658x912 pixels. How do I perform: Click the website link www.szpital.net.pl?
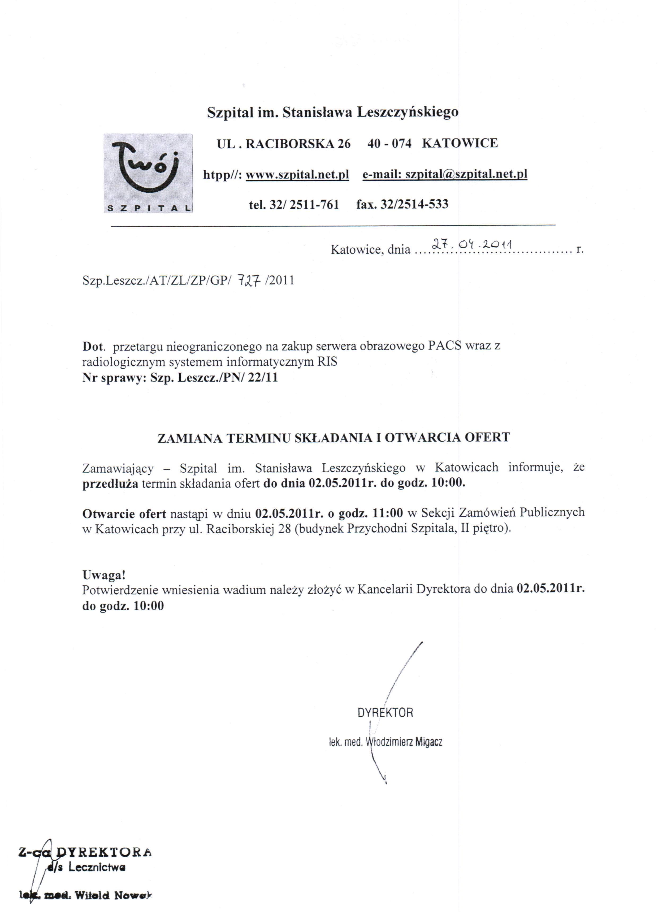coord(297,175)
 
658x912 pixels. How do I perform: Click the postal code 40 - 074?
coord(389,143)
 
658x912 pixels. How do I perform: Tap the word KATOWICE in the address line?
coord(460,143)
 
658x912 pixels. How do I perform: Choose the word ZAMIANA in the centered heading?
coord(190,438)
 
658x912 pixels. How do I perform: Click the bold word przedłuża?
coord(110,483)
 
